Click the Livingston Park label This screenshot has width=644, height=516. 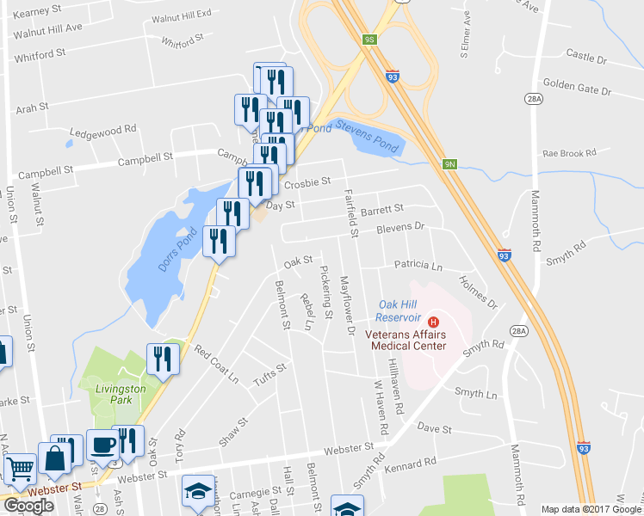click(120, 395)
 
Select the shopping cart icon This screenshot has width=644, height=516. click(19, 470)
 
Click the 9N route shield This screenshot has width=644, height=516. click(449, 163)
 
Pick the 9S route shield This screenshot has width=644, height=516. click(369, 40)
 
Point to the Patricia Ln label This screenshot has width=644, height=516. click(418, 266)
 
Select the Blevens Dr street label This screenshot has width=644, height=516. click(401, 228)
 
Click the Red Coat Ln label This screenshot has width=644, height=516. click(216, 363)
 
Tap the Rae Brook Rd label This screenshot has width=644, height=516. click(569, 154)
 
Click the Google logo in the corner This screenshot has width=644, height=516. click(28, 506)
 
